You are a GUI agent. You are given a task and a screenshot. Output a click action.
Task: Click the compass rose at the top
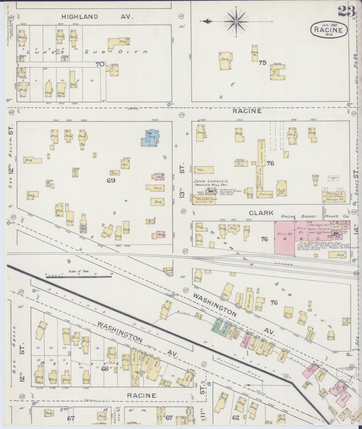coord(236,22)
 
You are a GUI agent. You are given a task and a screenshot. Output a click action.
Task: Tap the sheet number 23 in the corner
coord(346,11)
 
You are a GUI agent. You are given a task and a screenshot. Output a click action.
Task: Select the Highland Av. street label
coord(97,17)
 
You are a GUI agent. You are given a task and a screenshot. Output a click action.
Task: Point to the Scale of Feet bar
coord(79,277)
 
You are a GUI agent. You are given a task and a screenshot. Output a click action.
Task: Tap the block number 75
coord(263,63)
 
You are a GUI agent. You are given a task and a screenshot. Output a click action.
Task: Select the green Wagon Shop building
coord(215,325)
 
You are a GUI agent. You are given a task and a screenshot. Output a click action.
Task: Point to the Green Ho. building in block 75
coord(255,53)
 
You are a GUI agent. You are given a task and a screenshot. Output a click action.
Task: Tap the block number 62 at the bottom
coord(235,417)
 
